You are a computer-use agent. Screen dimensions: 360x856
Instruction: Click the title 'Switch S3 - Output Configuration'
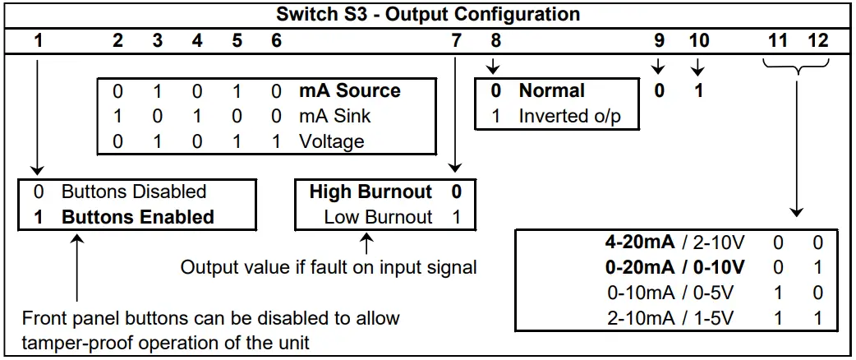[x=427, y=14]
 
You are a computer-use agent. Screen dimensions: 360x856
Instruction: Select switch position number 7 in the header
[x=456, y=40]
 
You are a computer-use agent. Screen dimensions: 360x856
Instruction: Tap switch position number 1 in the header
[x=39, y=40]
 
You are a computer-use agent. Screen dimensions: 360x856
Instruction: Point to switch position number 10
[x=698, y=40]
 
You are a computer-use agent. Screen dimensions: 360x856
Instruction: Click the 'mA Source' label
[x=349, y=91]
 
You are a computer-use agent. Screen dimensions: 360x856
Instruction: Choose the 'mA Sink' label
[x=334, y=117]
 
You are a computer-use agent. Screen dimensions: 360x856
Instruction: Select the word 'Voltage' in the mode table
[x=331, y=141]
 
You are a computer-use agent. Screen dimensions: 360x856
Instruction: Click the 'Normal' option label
[x=551, y=91]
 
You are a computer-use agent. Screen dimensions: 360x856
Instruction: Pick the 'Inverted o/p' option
[x=569, y=117]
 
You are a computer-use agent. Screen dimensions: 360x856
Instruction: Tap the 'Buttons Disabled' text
[x=134, y=192]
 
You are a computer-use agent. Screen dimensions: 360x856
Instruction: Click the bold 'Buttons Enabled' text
[x=138, y=218]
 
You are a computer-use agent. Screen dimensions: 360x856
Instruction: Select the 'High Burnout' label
[x=370, y=192]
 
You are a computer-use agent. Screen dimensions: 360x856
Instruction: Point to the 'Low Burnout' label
[x=378, y=218]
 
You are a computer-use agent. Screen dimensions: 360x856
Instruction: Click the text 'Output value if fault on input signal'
[x=329, y=268]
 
